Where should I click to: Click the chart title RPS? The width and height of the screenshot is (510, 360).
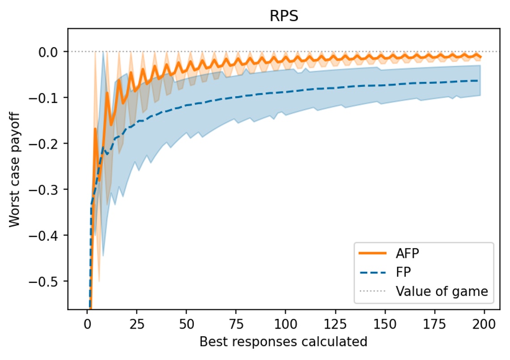(283, 16)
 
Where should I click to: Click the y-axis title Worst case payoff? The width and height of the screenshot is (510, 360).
(14, 169)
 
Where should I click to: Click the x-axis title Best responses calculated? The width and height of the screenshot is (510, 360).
(283, 342)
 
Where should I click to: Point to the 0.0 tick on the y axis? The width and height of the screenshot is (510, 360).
(51, 51)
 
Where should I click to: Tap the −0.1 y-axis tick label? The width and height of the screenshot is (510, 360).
(48, 98)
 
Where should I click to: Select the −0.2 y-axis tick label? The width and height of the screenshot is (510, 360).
(48, 143)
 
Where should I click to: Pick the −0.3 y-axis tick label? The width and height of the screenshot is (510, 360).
(48, 189)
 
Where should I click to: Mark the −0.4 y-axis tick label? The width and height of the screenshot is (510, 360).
(48, 235)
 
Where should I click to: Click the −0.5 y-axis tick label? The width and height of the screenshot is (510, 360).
(48, 281)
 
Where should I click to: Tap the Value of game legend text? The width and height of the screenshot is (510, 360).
(442, 292)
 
